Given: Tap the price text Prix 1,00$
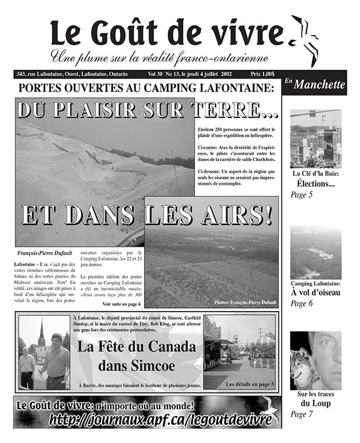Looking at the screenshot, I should [x=264, y=74].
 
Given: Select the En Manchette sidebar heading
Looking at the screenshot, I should [x=315, y=85].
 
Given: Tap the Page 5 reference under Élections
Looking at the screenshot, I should [x=302, y=194].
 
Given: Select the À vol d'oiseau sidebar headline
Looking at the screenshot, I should [x=316, y=293].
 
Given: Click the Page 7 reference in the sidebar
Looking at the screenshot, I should [x=302, y=414].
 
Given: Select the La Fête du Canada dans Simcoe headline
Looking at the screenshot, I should [x=136, y=357].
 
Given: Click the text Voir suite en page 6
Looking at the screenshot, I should [x=121, y=305].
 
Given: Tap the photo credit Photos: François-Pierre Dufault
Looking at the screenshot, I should [x=245, y=302].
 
